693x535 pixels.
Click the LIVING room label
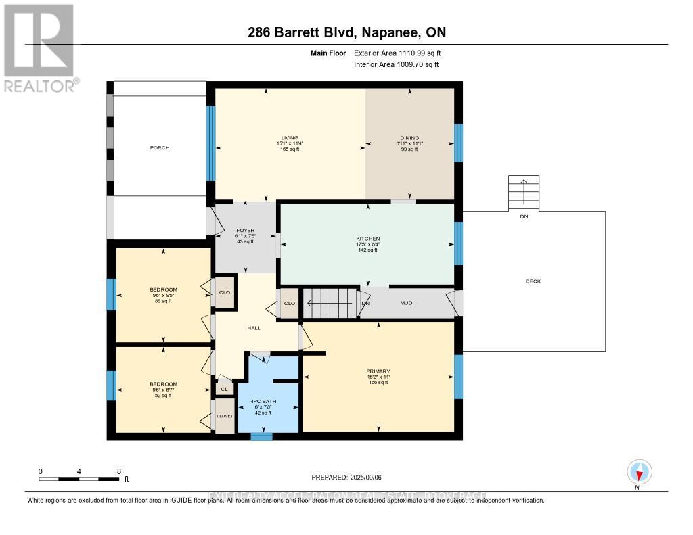290,138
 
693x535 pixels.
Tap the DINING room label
409,138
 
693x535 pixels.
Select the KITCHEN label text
367,239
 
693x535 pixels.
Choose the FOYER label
245,231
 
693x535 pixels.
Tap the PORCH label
160,148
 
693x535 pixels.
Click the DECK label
533,281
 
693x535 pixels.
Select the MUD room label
406,304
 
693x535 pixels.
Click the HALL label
254,328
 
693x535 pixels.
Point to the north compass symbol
639,472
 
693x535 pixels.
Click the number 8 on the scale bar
119,471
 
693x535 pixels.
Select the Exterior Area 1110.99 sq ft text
397,53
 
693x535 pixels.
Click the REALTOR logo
39,47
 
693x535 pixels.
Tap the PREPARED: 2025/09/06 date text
346,477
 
